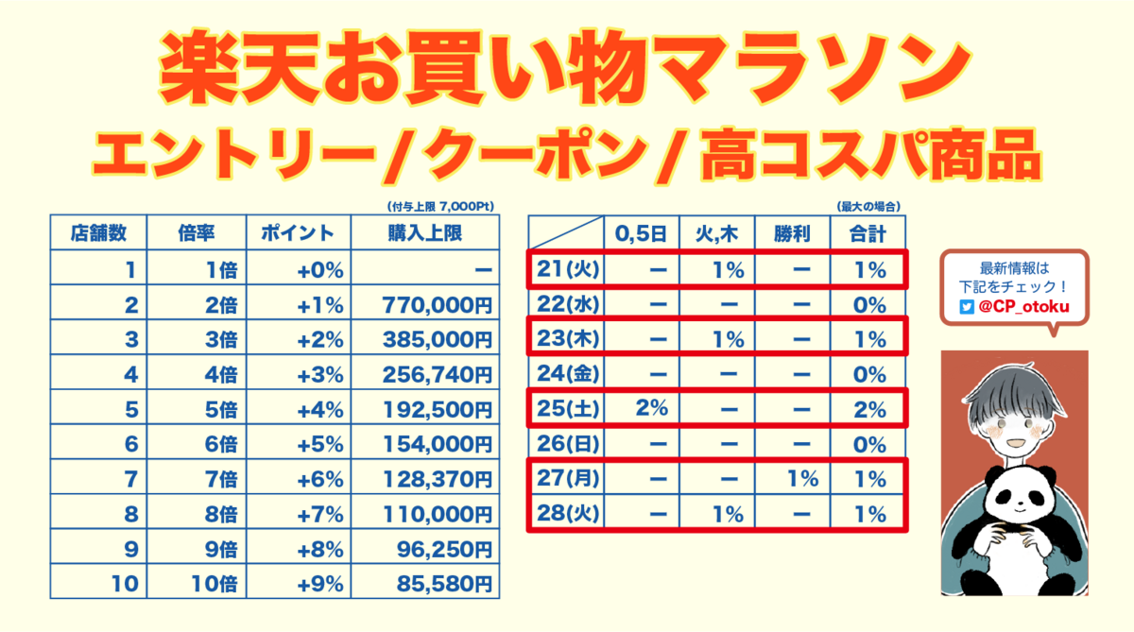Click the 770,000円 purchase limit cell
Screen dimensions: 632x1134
coord(438,305)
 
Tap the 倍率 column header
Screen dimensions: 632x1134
coord(198,233)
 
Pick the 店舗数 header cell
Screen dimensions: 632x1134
coord(98,233)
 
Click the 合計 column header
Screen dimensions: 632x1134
coord(866,233)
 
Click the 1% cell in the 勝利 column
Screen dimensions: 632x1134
coord(801,479)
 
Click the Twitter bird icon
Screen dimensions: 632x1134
coord(966,306)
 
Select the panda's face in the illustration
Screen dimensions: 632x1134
coord(1020,496)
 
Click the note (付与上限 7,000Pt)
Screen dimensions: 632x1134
coord(440,206)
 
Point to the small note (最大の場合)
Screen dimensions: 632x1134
coord(866,206)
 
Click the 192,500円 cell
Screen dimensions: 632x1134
coord(438,410)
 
